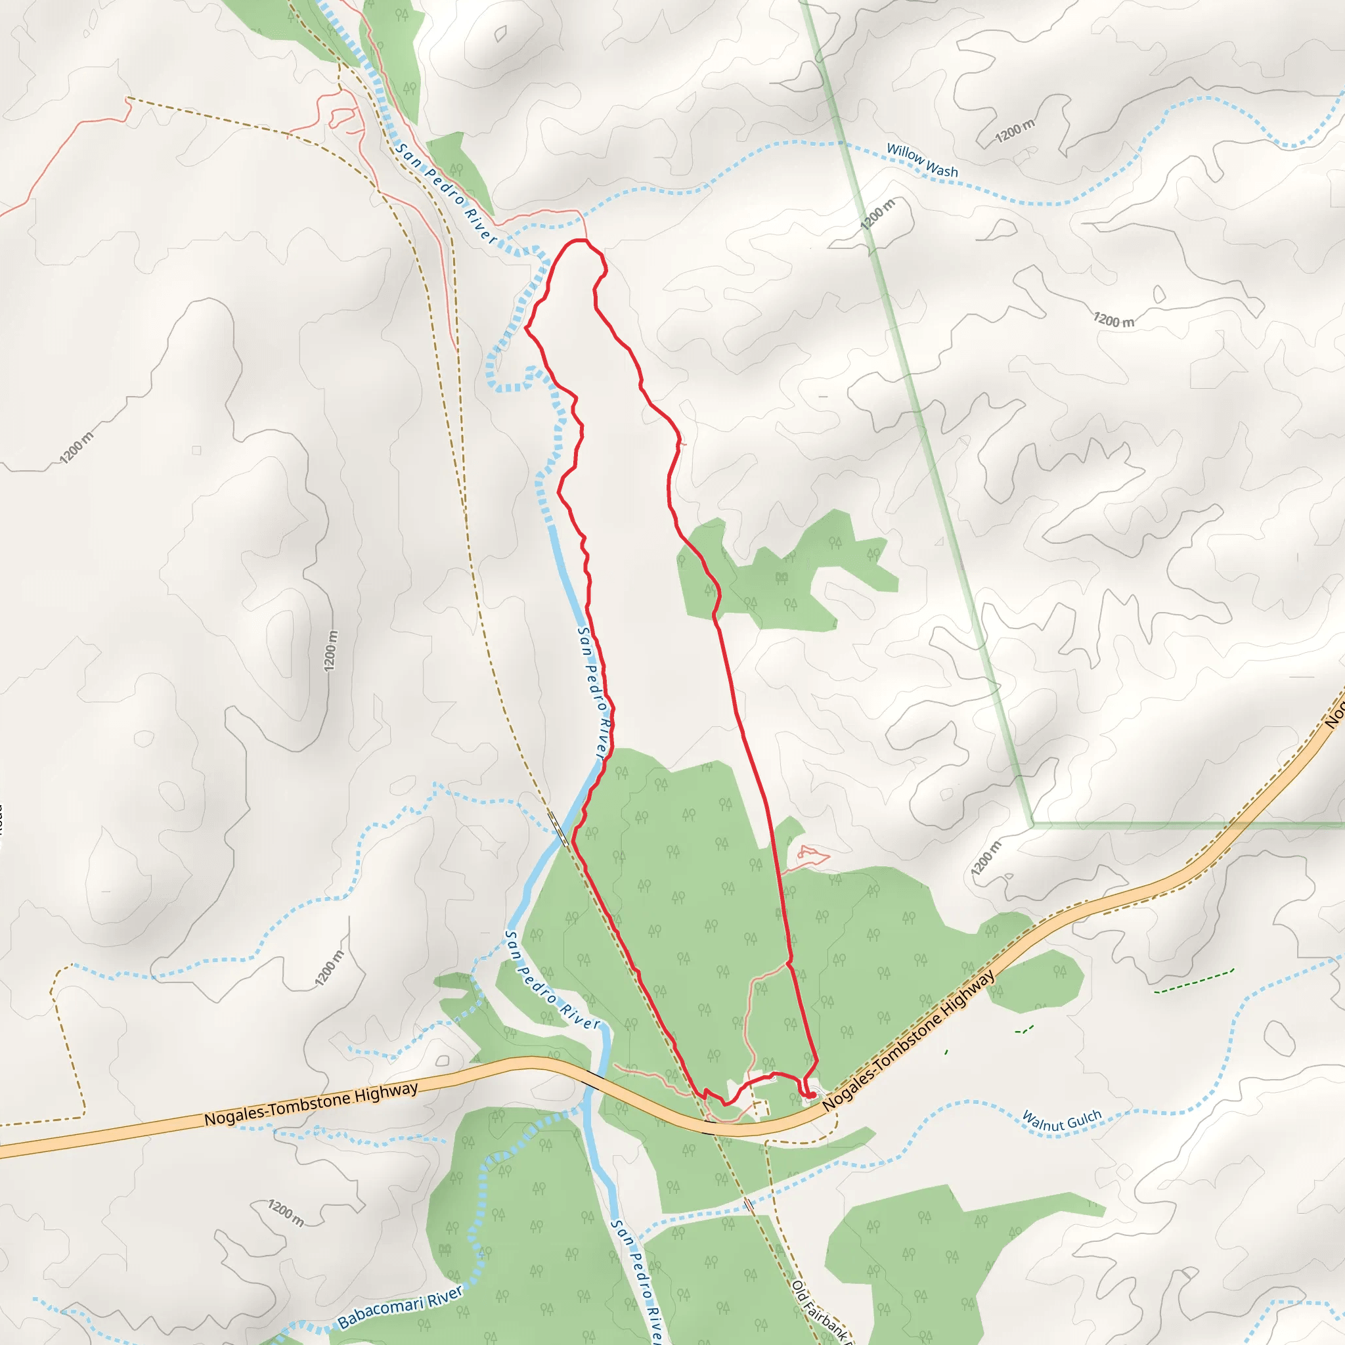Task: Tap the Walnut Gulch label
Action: tap(1061, 1122)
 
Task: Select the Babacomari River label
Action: tap(401, 1307)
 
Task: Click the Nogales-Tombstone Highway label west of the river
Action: tap(311, 1104)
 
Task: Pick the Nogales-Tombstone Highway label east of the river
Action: tap(909, 1042)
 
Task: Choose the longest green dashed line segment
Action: tap(1193, 981)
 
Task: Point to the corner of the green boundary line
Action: tap(1032, 825)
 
